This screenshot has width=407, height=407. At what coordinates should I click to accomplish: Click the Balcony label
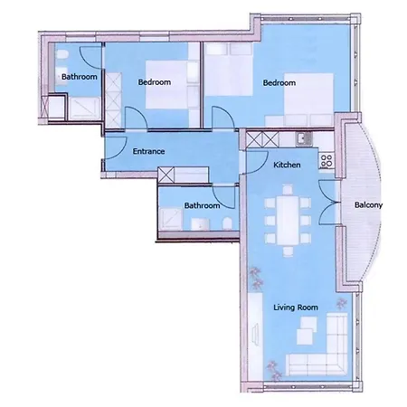368,205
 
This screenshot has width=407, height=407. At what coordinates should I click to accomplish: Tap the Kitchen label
287,165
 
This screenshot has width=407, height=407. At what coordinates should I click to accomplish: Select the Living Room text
296,308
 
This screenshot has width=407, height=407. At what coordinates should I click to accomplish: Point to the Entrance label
148,151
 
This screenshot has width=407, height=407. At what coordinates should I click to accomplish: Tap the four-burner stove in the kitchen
327,161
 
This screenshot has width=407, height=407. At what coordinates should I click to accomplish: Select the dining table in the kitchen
288,221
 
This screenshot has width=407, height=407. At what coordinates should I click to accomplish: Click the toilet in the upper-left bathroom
62,55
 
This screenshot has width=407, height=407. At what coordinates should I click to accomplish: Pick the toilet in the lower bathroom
227,223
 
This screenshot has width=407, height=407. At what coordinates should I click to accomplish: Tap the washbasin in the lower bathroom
201,224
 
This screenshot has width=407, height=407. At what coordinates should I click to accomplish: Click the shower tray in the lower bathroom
171,219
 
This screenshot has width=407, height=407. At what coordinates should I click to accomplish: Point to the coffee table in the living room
307,330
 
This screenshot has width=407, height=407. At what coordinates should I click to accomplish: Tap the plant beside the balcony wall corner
341,303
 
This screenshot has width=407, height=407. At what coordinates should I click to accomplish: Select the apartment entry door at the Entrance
116,147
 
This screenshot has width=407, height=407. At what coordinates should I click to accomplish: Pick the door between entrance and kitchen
257,162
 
